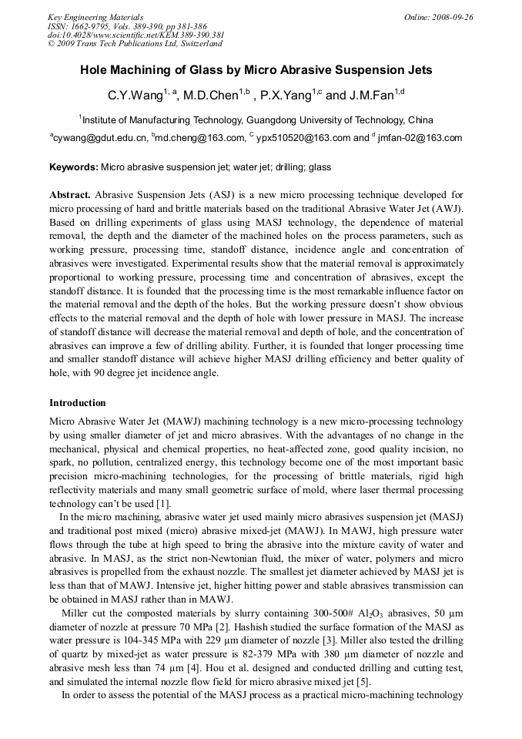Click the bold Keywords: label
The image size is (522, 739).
coord(74,167)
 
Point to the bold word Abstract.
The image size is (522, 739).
coord(70,195)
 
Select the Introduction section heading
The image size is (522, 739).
coord(78,403)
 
